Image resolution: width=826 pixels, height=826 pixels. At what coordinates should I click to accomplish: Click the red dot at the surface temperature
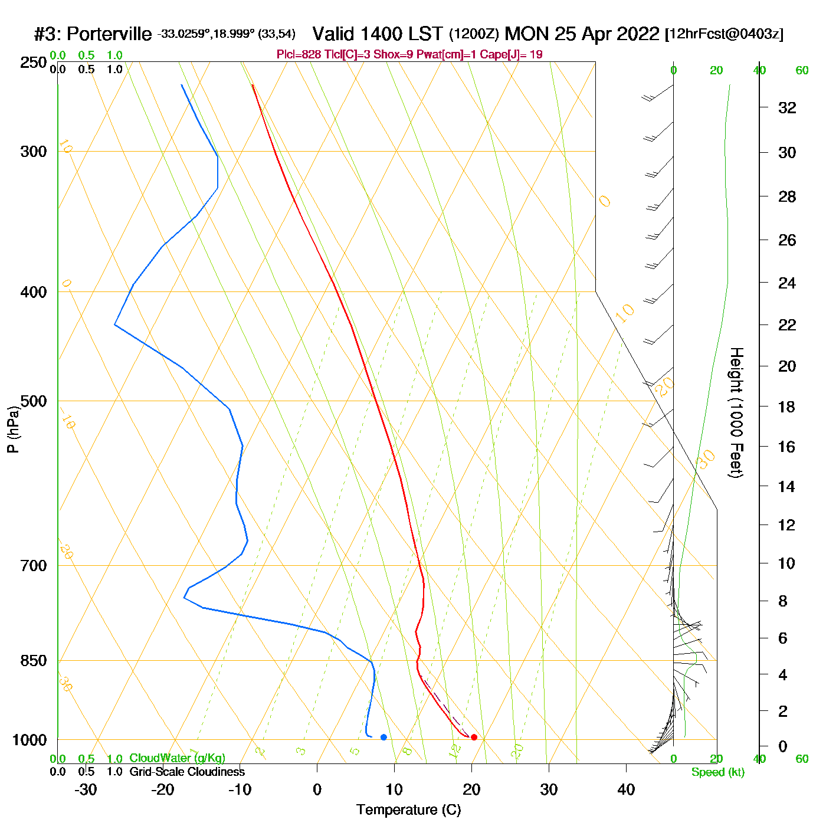click(474, 737)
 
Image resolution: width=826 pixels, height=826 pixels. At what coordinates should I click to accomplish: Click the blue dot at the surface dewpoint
click(383, 737)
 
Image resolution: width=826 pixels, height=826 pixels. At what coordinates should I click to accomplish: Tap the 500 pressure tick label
click(34, 401)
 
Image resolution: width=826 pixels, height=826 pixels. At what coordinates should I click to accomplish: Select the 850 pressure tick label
click(34, 661)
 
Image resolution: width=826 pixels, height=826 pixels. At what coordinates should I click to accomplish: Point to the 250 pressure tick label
click(34, 63)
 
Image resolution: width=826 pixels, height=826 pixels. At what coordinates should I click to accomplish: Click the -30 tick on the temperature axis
click(86, 789)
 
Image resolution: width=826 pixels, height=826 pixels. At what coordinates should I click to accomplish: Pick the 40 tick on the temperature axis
click(626, 789)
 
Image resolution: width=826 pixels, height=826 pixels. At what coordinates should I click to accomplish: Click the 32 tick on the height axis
click(787, 107)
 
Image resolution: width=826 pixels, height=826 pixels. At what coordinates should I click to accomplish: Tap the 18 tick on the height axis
click(787, 407)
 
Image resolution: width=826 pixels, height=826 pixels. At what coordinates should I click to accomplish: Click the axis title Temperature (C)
click(408, 810)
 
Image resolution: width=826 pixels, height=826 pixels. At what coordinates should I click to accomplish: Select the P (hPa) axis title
click(13, 429)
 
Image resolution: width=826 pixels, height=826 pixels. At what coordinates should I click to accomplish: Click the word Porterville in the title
click(109, 34)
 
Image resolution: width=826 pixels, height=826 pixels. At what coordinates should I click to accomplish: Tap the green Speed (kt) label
click(717, 772)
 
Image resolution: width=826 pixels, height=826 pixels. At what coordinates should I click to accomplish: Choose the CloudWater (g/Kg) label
click(177, 758)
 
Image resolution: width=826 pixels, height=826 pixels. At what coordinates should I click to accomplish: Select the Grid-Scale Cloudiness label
click(187, 772)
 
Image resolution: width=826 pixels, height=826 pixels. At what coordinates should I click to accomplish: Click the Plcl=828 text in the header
click(299, 55)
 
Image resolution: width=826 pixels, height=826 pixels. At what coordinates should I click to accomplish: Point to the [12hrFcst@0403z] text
click(724, 34)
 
